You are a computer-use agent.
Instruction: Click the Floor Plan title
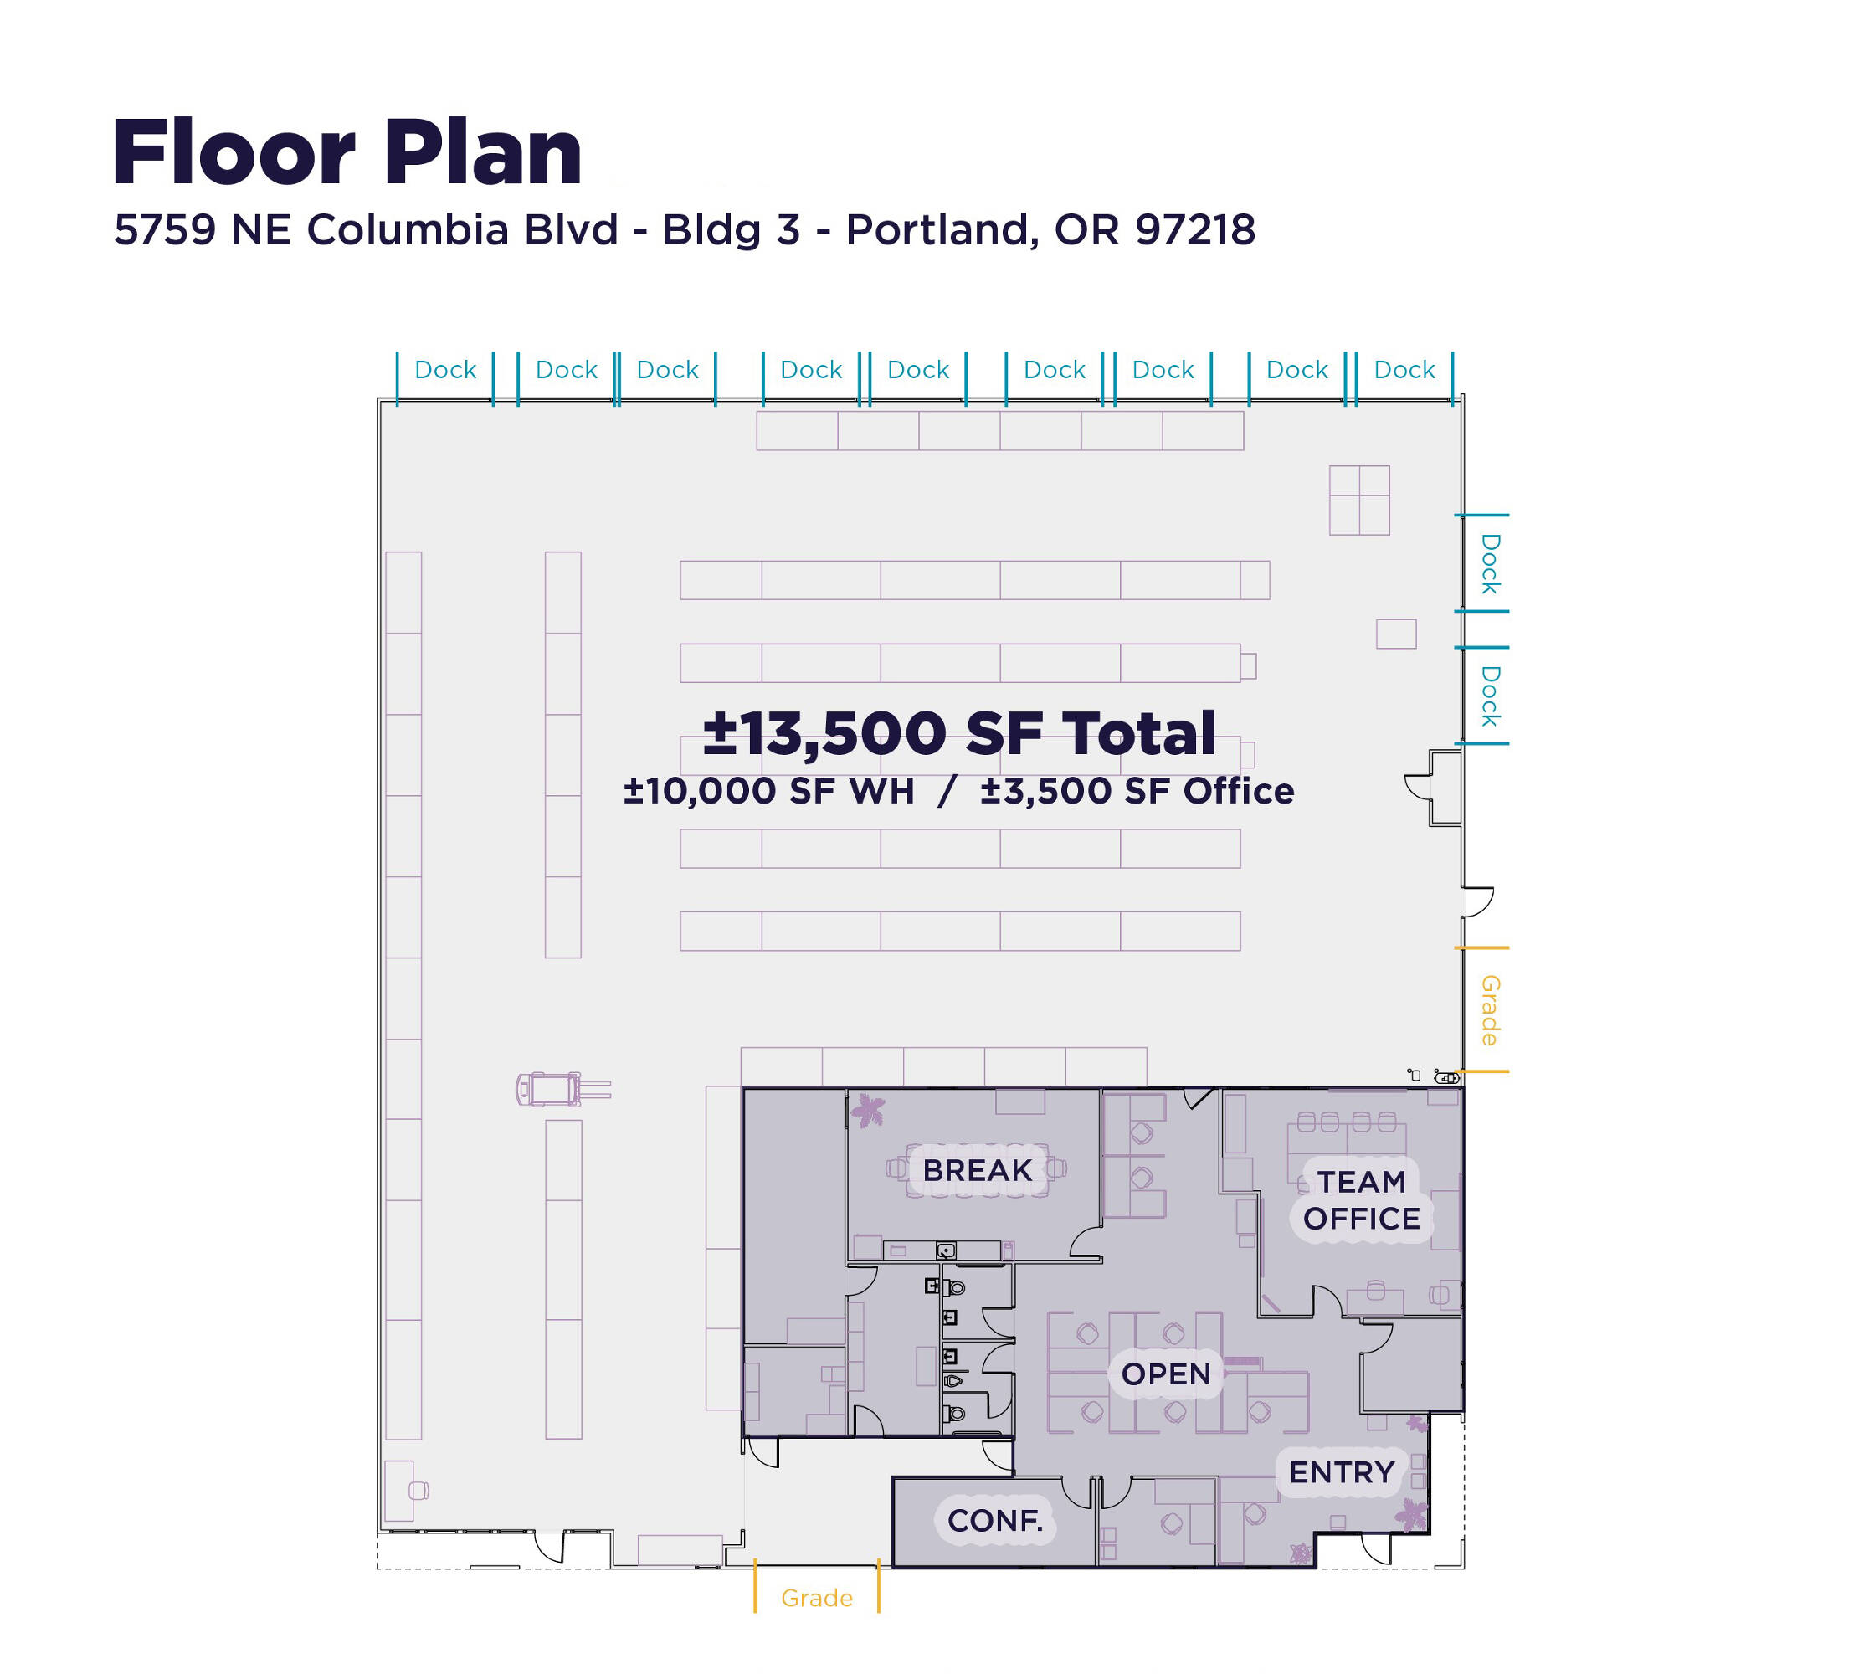point(347,151)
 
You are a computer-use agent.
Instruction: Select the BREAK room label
point(977,1170)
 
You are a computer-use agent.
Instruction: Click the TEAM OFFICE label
point(1361,1199)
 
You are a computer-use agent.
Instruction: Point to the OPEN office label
point(1165,1374)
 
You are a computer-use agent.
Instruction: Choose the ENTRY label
point(1342,1471)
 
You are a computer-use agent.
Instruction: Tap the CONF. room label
point(995,1520)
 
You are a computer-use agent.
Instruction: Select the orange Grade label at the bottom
point(817,1598)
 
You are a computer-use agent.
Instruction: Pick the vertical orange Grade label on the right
point(1489,1010)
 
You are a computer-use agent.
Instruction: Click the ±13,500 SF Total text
point(959,733)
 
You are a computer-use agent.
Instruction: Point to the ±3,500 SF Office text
point(1137,791)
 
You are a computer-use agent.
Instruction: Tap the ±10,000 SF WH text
point(769,791)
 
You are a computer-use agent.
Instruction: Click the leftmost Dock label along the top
point(445,370)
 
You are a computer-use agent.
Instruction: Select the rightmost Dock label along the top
point(1404,370)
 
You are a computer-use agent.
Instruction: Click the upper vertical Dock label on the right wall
point(1490,563)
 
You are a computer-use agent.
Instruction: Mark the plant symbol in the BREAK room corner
point(866,1110)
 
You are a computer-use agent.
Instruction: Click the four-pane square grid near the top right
point(1359,501)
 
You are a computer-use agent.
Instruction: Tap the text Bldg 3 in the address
point(732,230)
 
